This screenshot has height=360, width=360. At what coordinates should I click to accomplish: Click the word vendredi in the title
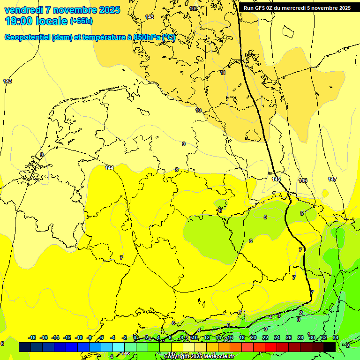pos(23,10)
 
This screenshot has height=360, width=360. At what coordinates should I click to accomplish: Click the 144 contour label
pos(109,168)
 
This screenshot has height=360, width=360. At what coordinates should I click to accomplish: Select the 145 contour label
pos(276,180)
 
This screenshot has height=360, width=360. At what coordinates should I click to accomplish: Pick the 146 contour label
pos(303,180)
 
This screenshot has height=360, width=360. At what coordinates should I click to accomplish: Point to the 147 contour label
pos(332,180)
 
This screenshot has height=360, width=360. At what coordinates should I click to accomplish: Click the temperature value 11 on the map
pos(223,73)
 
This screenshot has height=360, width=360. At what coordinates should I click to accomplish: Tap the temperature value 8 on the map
pos(177,170)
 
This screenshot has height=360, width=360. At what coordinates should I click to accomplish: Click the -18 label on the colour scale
pos(32,337)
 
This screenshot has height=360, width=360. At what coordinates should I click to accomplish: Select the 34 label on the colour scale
pos(335,337)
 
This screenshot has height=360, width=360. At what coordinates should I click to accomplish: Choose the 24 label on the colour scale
pos(277,337)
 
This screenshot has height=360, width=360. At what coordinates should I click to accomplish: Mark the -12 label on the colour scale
pos(67,337)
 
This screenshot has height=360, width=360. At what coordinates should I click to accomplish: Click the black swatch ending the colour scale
pos(329,347)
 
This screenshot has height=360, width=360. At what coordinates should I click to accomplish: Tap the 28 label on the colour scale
pos(300,337)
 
